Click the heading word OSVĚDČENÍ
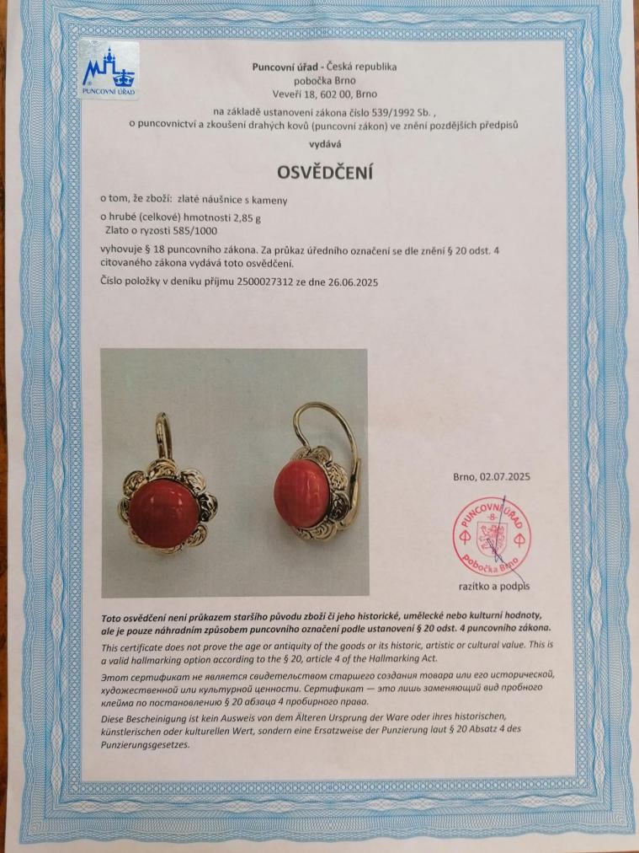325,173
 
